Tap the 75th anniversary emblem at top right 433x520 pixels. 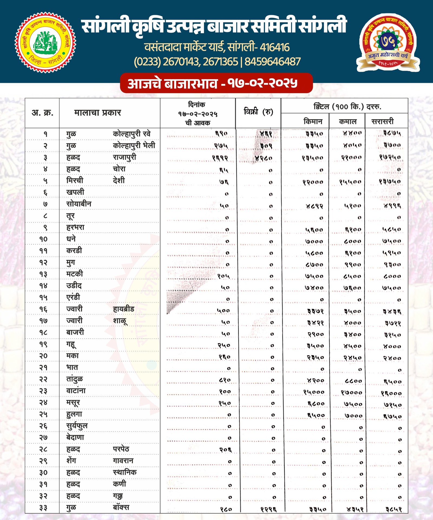[x=388, y=43]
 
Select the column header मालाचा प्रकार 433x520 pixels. [x=97, y=113]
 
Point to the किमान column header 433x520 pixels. [x=313, y=121]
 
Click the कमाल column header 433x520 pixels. [x=347, y=121]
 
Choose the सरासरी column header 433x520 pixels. [x=382, y=121]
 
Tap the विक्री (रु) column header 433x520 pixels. [x=258, y=112]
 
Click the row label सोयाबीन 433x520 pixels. [x=79, y=204]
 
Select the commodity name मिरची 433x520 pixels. [x=75, y=180]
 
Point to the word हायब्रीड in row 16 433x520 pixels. [x=123, y=309]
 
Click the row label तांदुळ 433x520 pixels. [x=74, y=379]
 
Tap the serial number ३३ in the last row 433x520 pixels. [x=43, y=508]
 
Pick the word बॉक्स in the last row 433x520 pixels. [x=121, y=507]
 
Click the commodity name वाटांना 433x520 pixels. [x=76, y=391]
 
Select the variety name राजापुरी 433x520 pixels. [x=124, y=157]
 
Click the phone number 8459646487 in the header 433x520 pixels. [x=273, y=62]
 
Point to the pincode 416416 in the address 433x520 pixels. [x=274, y=47]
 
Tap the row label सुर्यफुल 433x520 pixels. [x=77, y=426]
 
